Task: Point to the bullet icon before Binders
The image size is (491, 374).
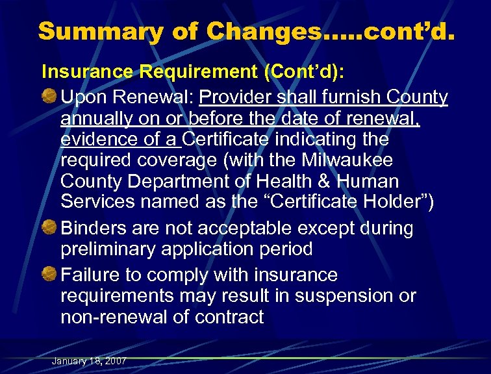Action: (50, 228)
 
